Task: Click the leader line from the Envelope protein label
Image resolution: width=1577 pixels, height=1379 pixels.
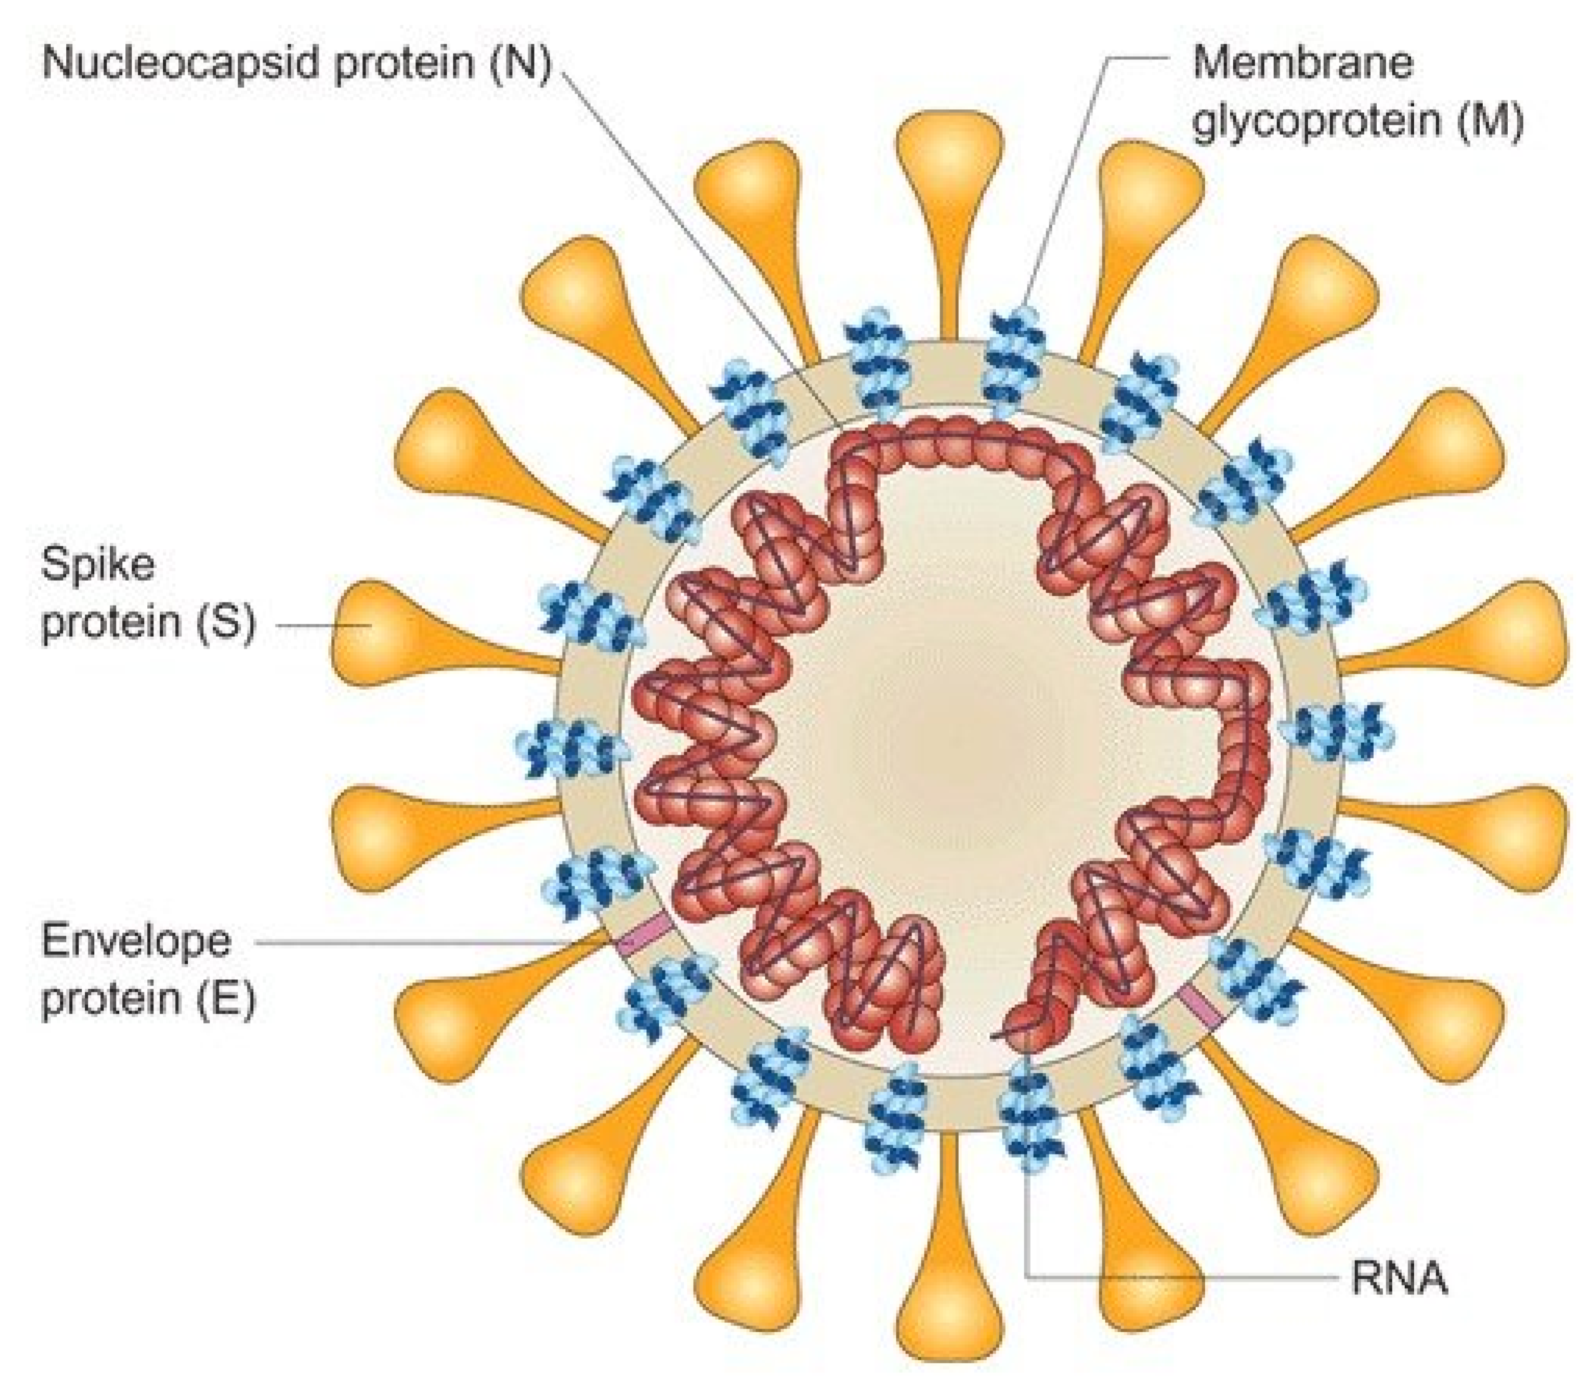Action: click(x=431, y=941)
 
